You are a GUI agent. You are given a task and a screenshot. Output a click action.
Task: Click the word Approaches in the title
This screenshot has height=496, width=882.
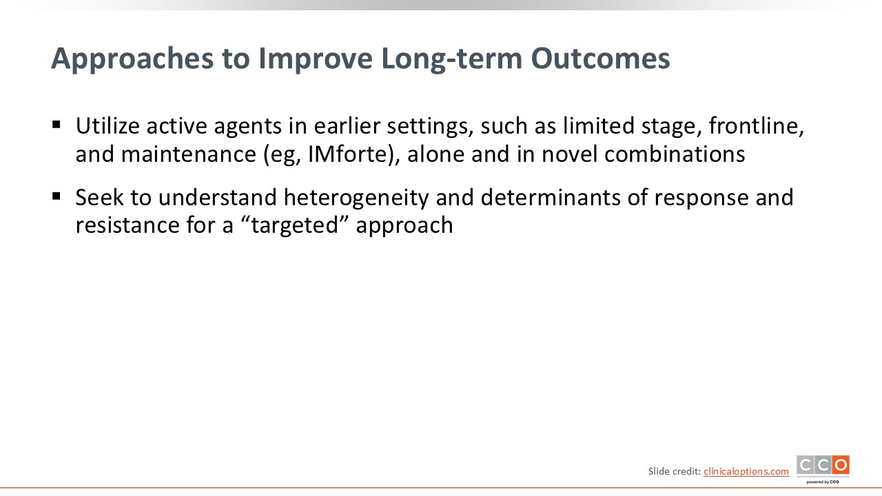click(x=132, y=59)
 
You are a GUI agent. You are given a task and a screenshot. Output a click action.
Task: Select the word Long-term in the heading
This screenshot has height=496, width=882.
click(x=451, y=59)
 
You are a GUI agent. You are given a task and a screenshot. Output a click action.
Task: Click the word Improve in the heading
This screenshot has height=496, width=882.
click(x=316, y=59)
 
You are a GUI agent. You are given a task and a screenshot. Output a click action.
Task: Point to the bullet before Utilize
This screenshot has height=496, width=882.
click(x=57, y=125)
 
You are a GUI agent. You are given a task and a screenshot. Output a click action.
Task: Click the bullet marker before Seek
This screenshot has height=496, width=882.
click(x=57, y=196)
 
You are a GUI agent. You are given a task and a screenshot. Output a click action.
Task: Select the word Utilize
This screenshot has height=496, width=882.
click(x=107, y=126)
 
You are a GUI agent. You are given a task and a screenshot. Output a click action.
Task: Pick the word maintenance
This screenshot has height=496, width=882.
click(x=189, y=154)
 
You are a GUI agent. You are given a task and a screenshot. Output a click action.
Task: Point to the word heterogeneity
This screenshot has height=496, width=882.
click(x=356, y=198)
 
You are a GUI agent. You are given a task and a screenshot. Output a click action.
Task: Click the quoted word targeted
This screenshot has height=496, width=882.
click(x=294, y=226)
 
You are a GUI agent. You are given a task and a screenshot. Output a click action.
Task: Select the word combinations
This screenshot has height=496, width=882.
click(x=675, y=154)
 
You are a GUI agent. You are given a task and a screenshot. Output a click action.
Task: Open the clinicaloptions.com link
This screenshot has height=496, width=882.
click(x=746, y=472)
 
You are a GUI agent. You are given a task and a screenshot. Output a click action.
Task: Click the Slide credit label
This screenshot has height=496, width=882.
click(x=674, y=471)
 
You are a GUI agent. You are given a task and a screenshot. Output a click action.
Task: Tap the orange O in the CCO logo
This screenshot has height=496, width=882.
click(x=841, y=465)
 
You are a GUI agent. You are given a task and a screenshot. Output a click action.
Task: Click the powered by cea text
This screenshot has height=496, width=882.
click(x=822, y=482)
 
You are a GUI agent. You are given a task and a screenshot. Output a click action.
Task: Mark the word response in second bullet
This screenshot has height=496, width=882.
click(x=701, y=198)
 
